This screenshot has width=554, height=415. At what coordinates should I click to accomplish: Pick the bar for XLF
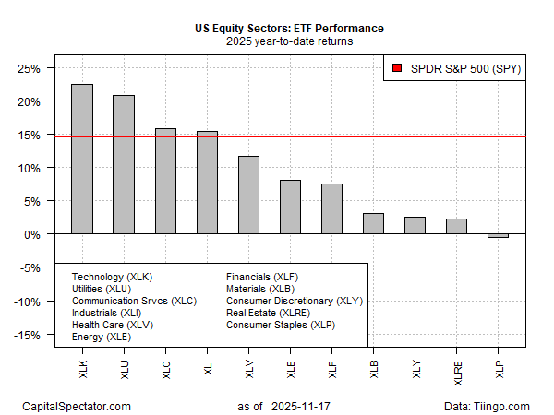(331, 208)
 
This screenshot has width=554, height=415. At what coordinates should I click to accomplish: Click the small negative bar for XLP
(498, 236)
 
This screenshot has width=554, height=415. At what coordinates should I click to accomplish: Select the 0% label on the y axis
(38, 234)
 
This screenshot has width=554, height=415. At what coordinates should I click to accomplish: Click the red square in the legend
(396, 68)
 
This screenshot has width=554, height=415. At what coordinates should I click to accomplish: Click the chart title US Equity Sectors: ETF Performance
(289, 29)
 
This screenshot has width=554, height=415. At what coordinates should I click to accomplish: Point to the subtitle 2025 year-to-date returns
(289, 41)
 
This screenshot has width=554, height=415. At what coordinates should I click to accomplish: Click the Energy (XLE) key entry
(102, 338)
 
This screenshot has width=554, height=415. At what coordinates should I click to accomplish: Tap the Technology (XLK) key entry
(114, 277)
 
